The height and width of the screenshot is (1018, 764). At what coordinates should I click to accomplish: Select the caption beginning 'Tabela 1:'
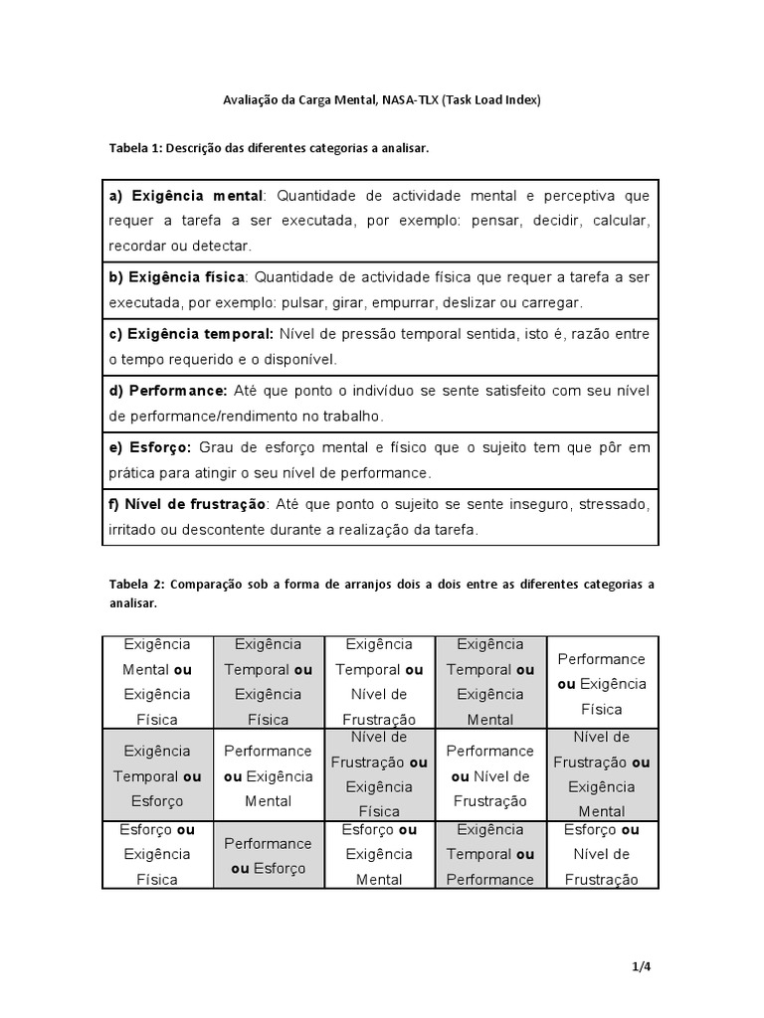coord(269,148)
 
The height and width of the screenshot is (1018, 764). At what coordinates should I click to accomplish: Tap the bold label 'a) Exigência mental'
coord(185,195)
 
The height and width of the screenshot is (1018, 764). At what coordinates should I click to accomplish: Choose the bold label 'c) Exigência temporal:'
coord(190,334)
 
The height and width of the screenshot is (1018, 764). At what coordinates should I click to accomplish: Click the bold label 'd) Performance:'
coord(168,391)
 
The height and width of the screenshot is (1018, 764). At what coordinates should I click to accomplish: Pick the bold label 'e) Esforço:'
coord(149,447)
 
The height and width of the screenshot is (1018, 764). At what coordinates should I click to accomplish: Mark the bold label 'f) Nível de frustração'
coord(187,504)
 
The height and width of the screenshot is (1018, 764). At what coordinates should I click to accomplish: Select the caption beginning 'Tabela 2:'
coord(381,594)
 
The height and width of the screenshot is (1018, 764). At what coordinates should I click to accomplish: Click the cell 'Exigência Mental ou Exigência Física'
coord(157,681)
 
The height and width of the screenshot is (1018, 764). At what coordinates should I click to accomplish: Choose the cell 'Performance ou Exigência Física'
coord(602,683)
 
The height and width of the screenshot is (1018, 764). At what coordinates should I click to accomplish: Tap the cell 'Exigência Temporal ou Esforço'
coord(157,774)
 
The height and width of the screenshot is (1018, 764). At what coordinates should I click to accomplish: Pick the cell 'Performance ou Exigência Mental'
coord(269,774)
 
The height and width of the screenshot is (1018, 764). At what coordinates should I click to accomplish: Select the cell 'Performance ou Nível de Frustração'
coord(490,774)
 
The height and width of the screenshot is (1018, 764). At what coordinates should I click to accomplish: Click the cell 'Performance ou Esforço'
coord(269,854)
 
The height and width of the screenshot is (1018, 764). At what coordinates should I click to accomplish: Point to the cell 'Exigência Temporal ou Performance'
coord(490,854)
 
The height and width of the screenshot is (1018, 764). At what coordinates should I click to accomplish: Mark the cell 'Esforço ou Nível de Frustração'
coord(602,854)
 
